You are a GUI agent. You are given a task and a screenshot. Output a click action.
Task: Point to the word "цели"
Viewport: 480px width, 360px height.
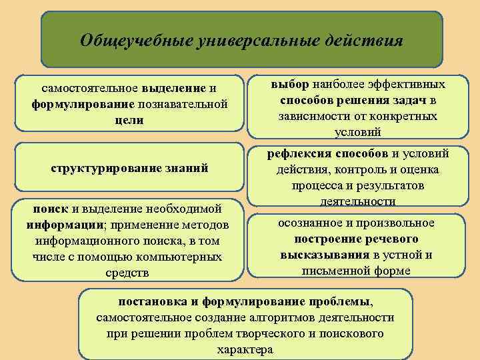[x=129, y=120]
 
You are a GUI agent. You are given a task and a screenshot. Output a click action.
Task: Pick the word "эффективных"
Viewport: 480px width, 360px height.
[x=407, y=85]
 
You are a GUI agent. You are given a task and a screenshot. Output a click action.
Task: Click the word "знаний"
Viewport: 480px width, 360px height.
[x=189, y=168]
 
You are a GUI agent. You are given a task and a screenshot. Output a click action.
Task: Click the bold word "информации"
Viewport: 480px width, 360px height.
[x=63, y=225]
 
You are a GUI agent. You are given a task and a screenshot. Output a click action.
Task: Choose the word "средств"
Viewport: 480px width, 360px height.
[x=128, y=273]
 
